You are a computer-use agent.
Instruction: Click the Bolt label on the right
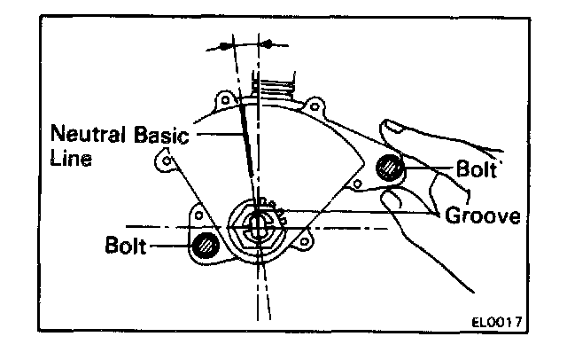[x=478, y=167]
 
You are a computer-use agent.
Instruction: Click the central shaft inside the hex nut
[x=256, y=225]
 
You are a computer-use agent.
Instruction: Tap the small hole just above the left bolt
[x=200, y=215]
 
